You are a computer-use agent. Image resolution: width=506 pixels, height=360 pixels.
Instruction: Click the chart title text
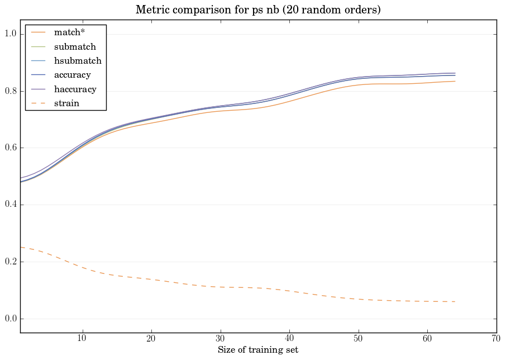[x=258, y=10]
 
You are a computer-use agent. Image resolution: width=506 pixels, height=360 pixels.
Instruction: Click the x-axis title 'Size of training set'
[x=258, y=350]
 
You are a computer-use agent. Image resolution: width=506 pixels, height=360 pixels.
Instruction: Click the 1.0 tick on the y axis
[x=10, y=34]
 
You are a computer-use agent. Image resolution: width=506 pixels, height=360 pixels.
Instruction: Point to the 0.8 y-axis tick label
[x=10, y=91]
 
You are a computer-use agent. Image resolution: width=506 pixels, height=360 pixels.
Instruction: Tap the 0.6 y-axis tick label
[x=10, y=148]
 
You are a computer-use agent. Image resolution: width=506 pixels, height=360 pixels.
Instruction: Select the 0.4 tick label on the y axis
[x=10, y=205]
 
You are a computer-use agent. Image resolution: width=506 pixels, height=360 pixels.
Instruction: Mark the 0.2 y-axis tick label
[x=10, y=262]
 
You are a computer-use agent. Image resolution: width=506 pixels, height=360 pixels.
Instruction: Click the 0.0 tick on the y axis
[x=10, y=319]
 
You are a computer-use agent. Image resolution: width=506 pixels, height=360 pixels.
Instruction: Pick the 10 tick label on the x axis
[x=82, y=339]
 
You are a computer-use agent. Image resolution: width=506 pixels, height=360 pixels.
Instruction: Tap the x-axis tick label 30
[x=220, y=339]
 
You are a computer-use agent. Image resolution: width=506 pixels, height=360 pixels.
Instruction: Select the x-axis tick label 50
[x=358, y=339]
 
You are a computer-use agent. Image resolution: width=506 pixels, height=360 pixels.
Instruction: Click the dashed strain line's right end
[x=455, y=301]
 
